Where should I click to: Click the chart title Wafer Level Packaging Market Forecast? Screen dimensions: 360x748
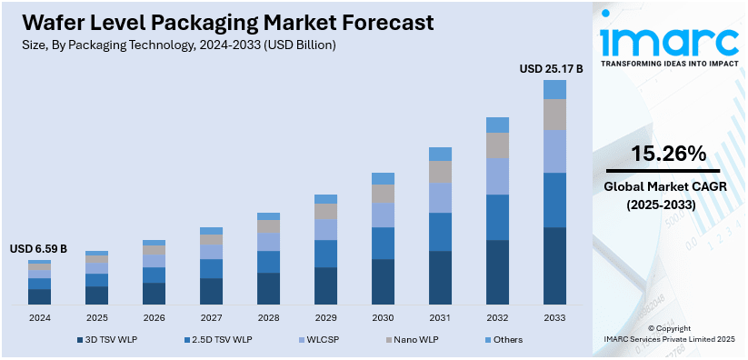217,22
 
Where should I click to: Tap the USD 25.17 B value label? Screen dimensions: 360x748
551,68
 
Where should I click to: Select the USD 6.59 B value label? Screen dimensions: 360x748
38,249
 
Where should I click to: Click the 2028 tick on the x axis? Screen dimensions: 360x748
268,318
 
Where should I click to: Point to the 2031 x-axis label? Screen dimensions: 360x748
440,318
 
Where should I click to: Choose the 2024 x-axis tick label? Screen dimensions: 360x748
39,318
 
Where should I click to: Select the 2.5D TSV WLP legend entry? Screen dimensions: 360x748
217,339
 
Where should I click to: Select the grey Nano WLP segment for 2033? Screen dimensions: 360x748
554,115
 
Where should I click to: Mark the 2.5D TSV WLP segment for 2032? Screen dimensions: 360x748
497,217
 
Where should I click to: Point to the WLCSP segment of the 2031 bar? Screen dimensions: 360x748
440,198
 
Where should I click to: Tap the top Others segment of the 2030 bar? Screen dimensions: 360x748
383,178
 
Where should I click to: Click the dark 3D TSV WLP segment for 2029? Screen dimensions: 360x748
325,285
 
